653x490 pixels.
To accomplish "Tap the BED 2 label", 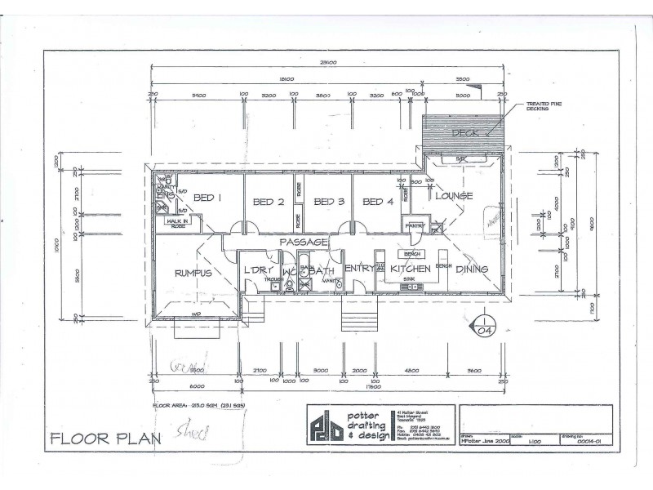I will pyautogui.click(x=268, y=202).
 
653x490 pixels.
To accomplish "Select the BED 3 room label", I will pyautogui.click(x=328, y=202).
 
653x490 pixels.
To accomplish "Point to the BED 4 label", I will pyautogui.click(x=378, y=202).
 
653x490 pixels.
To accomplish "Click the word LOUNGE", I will pyautogui.click(x=455, y=197).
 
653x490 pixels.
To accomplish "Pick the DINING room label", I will pyautogui.click(x=472, y=269).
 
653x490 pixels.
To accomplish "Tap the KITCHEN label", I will pyautogui.click(x=410, y=269).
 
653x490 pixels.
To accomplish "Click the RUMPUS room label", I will pyautogui.click(x=193, y=273).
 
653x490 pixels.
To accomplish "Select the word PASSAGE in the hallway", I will pyautogui.click(x=304, y=243).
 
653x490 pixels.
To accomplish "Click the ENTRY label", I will pyautogui.click(x=358, y=269).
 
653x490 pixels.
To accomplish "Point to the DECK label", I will pyautogui.click(x=466, y=133).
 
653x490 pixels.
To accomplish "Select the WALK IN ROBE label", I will pyautogui.click(x=177, y=222).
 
